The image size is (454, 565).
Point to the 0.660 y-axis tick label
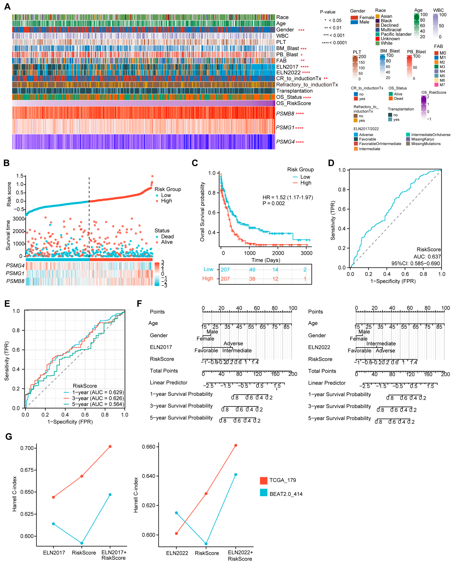(x=149, y=447)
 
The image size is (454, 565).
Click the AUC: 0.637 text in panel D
(x=427, y=257)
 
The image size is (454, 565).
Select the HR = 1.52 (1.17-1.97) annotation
(x=287, y=197)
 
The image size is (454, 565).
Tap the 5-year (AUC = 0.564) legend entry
(x=98, y=404)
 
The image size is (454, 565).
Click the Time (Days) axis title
(x=265, y=260)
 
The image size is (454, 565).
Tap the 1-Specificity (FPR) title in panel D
(x=393, y=281)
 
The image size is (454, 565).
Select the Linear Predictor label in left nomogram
(x=168, y=383)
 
